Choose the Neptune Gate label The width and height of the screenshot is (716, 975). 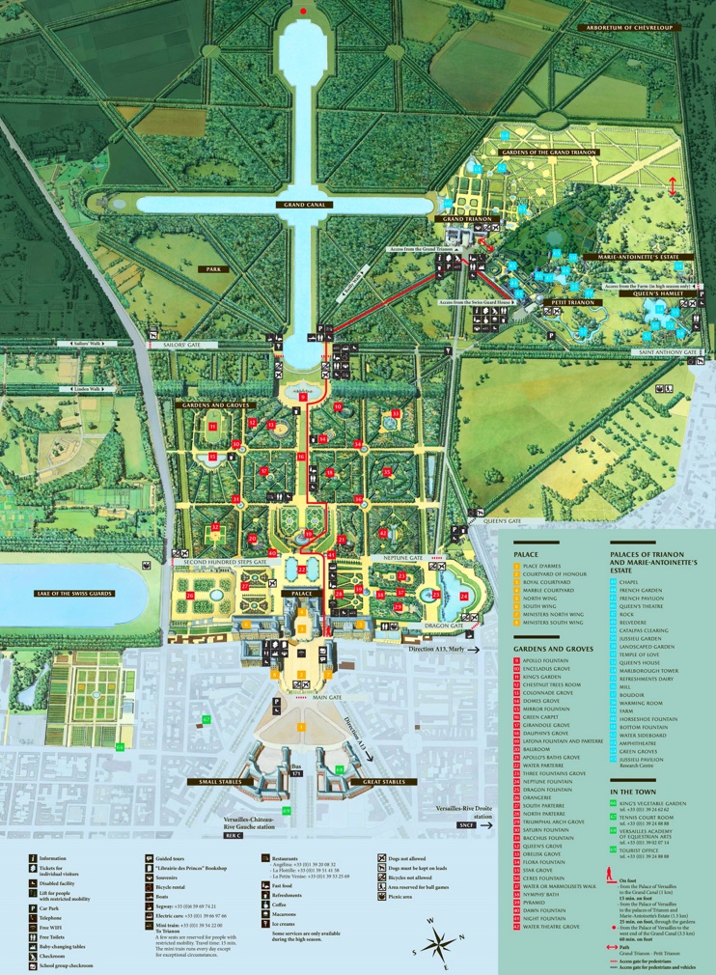point(405,558)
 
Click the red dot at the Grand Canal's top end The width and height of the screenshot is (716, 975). point(304,12)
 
